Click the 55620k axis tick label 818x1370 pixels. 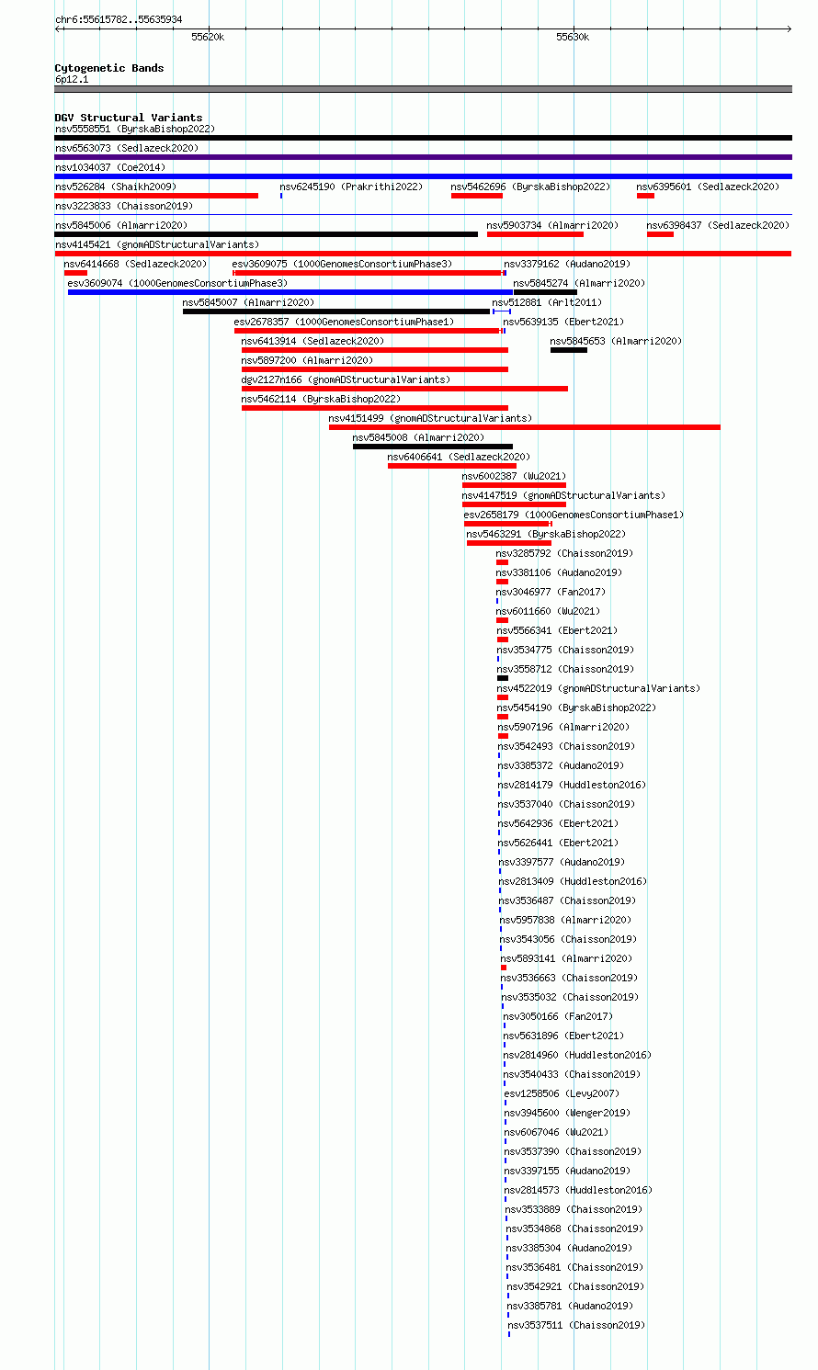coord(208,38)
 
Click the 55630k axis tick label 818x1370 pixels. coord(573,38)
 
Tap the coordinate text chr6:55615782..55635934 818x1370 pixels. coord(119,19)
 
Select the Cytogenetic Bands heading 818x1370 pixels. coord(108,68)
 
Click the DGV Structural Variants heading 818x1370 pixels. coord(129,118)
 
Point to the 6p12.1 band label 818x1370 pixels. coord(72,80)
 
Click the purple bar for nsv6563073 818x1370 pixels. coord(424,157)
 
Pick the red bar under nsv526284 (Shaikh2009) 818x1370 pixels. coord(156,196)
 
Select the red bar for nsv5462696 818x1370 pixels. coord(477,196)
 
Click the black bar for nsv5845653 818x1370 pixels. coord(568,350)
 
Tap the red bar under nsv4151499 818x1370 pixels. coord(524,427)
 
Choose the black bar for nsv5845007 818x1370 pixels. coord(335,311)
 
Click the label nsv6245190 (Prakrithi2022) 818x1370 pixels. coord(351,187)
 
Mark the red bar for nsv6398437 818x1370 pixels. coord(660,234)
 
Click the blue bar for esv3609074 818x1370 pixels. coord(290,292)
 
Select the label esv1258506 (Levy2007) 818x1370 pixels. coord(562,1093)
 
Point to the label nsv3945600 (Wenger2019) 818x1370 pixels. coord(567,1113)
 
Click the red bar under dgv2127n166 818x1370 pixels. coord(404,389)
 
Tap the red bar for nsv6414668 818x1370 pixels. coord(76,273)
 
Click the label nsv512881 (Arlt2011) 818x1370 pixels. coord(547,302)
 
